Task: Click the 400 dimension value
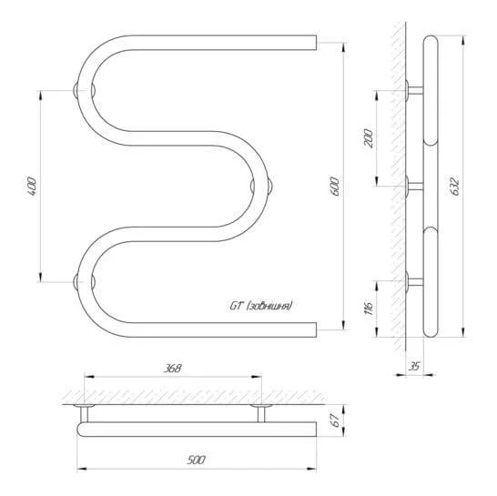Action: pyautogui.click(x=33, y=186)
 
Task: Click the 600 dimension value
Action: pyautogui.click(x=336, y=187)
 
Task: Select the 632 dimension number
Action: pyautogui.click(x=455, y=187)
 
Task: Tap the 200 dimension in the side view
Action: pyautogui.click(x=369, y=137)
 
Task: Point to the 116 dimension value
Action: pyautogui.click(x=369, y=307)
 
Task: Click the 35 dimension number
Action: pyautogui.click(x=413, y=367)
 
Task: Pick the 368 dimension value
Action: pyautogui.click(x=172, y=369)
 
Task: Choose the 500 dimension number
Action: pyautogui.click(x=197, y=460)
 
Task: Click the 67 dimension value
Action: pyautogui.click(x=336, y=420)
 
